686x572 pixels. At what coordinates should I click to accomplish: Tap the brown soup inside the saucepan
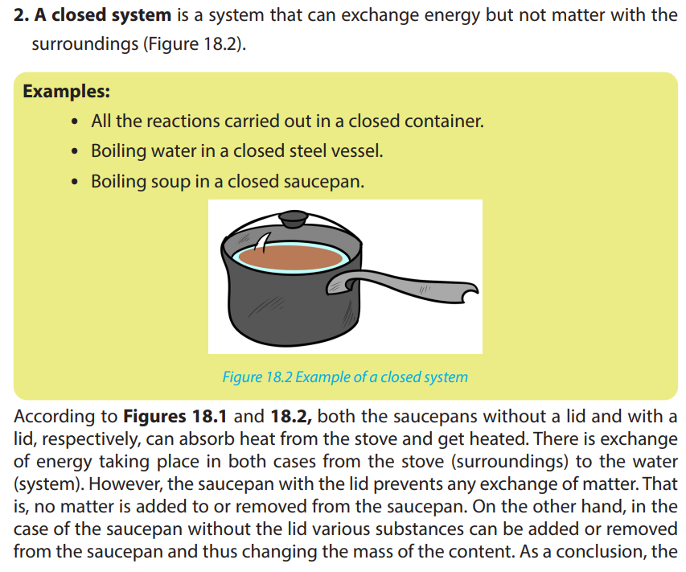click(x=290, y=257)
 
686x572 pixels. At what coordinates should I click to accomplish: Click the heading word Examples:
click(x=67, y=92)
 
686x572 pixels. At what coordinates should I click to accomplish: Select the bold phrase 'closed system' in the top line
click(x=112, y=15)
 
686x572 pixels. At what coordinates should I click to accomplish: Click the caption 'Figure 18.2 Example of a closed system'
click(x=345, y=377)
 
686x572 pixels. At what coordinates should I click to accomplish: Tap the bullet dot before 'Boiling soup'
click(x=76, y=182)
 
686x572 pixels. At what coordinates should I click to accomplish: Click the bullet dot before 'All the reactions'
click(x=76, y=121)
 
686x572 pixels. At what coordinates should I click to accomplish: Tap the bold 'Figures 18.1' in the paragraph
click(x=175, y=416)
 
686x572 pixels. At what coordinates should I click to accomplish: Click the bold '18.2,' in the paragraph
click(x=291, y=416)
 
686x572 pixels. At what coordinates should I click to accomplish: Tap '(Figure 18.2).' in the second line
click(x=195, y=44)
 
